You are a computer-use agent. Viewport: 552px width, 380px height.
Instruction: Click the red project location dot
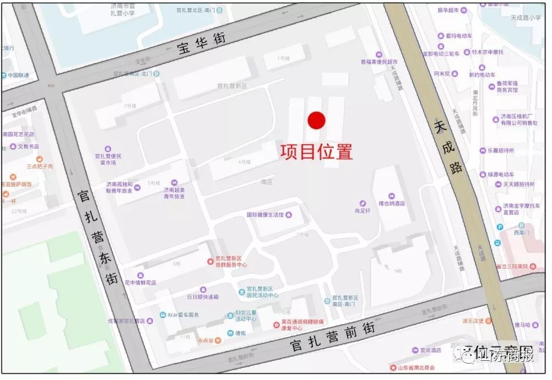click(316, 121)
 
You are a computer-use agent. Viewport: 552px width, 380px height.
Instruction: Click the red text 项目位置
click(316, 151)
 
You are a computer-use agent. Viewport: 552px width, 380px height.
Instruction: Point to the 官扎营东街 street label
click(98, 237)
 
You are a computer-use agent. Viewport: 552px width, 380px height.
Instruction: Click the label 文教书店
click(28, 146)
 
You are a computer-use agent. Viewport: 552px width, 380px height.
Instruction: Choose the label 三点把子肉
click(40, 166)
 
